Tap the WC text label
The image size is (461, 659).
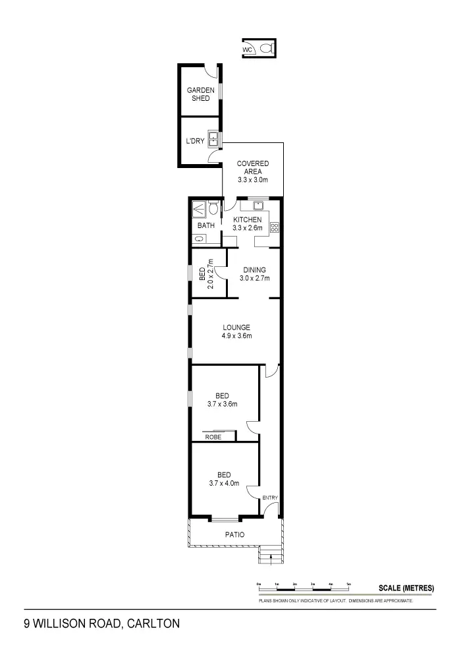point(248,49)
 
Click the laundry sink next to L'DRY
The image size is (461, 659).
point(214,139)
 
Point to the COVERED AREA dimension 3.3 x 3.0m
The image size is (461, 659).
point(254,180)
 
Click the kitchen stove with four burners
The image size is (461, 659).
point(275,228)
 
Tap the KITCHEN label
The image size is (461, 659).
point(248,220)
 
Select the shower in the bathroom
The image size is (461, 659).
point(199,210)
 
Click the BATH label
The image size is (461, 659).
point(206,226)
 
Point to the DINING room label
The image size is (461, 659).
point(254,270)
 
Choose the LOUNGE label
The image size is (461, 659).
point(236,328)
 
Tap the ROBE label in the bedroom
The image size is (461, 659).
point(213,436)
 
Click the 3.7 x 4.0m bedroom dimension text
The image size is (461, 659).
point(224,483)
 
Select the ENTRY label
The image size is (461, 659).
point(270,498)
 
